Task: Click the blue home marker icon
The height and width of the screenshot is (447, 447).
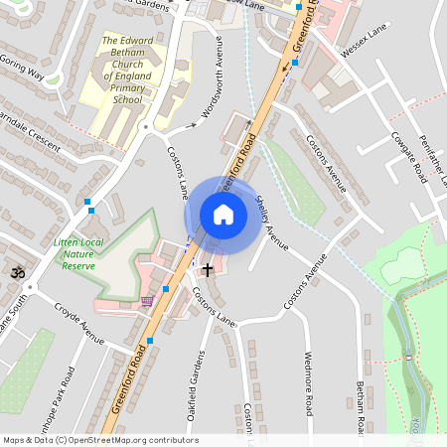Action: [x=223, y=215]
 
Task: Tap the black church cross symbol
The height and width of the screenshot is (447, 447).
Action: [x=208, y=269]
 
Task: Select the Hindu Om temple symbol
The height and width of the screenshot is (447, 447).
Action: [x=17, y=271]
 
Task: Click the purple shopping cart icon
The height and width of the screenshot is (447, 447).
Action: [x=147, y=301]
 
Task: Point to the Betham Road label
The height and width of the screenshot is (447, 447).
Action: [x=363, y=407]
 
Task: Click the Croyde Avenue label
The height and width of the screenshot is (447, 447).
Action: [x=79, y=324]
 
